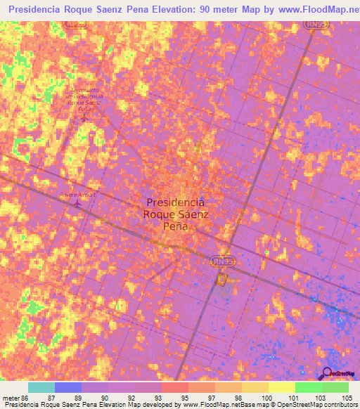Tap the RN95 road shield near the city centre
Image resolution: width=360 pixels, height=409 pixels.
tap(222, 261)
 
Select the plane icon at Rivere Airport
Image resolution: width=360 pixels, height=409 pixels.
tap(77, 204)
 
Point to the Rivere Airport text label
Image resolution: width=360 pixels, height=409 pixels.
tap(77, 193)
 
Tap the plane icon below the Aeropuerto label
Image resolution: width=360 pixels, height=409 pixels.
tap(84, 117)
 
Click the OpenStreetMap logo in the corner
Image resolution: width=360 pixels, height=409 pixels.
tap(337, 374)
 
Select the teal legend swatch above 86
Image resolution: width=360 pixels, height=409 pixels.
tap(41, 387)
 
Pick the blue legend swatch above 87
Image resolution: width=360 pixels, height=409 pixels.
tap(68, 387)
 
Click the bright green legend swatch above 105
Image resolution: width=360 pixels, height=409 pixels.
tap(335, 387)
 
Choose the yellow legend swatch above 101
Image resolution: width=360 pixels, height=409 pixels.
tap(282, 387)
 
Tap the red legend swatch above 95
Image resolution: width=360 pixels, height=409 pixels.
tap(175, 387)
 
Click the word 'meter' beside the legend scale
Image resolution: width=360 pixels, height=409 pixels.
tap(11, 398)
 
